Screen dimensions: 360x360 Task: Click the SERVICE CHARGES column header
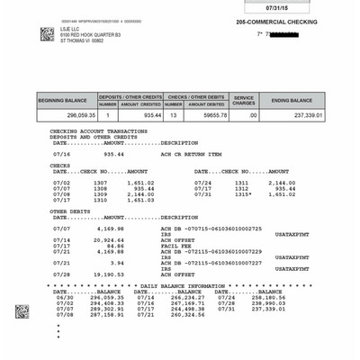tap(244, 99)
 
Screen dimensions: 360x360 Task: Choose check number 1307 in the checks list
tap(100, 182)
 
